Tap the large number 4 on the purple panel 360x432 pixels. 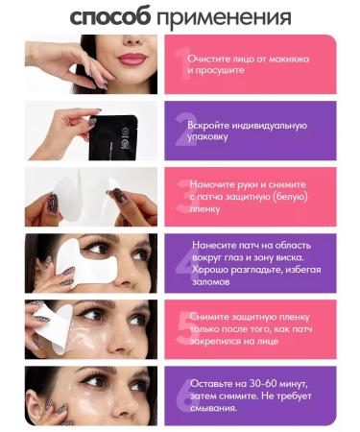click(x=181, y=264)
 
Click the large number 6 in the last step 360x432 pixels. click(x=181, y=396)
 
